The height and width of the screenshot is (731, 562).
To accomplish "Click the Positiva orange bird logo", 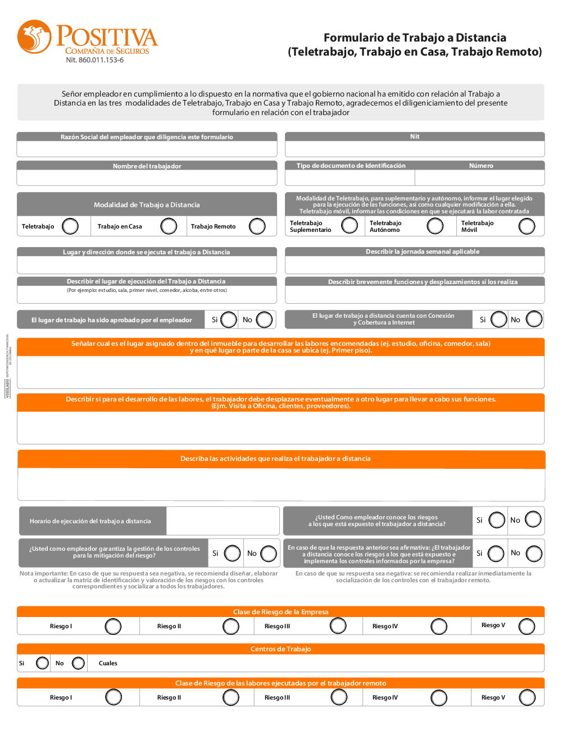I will (34, 36).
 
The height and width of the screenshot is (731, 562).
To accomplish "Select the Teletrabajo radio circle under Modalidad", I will (70, 226).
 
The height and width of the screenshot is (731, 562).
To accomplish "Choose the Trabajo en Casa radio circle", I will (169, 226).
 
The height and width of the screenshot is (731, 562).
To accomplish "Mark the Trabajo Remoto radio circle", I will (257, 226).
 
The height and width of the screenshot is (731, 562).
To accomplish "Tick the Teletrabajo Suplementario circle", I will (350, 226).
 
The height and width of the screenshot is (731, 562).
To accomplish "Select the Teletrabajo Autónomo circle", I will (435, 226).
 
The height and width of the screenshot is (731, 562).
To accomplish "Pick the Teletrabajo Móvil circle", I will (527, 226).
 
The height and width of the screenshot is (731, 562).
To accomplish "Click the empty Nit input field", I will (415, 149).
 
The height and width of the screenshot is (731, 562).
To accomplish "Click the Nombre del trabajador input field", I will (147, 177).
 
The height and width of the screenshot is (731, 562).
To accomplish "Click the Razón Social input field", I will (147, 149).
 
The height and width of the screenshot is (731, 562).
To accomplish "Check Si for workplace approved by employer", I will (229, 320).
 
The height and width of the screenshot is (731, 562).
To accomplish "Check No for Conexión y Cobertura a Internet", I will (534, 319).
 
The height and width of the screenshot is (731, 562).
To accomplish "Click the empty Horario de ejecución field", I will (223, 521).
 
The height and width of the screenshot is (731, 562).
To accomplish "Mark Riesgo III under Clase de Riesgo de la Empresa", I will (338, 626).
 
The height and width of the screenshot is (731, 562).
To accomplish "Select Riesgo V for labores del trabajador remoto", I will (527, 697).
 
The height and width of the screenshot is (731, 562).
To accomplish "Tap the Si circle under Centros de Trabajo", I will (42, 663).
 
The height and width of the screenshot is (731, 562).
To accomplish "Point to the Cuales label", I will (108, 663).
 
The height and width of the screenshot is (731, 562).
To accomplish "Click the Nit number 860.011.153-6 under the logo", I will (94, 60).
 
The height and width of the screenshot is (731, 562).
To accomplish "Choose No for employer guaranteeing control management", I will (269, 554).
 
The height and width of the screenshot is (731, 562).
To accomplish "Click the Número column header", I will (481, 166).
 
